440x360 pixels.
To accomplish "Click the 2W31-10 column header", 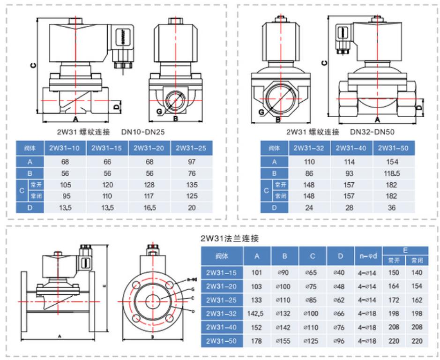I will coord(65,148).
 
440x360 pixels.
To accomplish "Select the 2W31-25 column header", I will coord(192,148).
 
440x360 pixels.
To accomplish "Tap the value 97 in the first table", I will coord(192,162).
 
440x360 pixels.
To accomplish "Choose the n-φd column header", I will coord(367,256).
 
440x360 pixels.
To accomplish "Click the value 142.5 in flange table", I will coord(257,313).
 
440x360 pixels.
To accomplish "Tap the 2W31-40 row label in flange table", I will coord(222,327).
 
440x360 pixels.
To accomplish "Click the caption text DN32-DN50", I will coord(372,132).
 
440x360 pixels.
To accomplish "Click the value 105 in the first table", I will coord(65,184).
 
